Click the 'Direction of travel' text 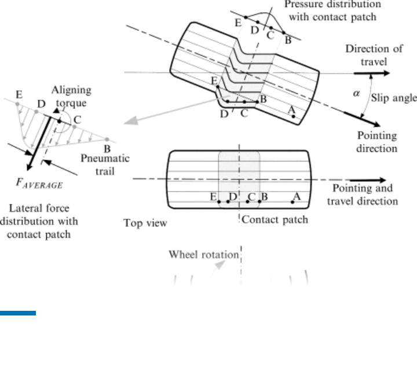tap(374, 54)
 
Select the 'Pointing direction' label tap(377, 142)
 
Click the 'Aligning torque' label tap(71, 96)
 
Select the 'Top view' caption tap(145, 223)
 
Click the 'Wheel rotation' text tap(203, 254)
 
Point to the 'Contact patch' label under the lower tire tap(275, 219)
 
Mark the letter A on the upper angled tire tap(291, 109)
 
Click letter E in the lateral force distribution tap(20, 94)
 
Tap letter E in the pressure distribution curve tap(237, 23)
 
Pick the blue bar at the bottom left tap(18, 314)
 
